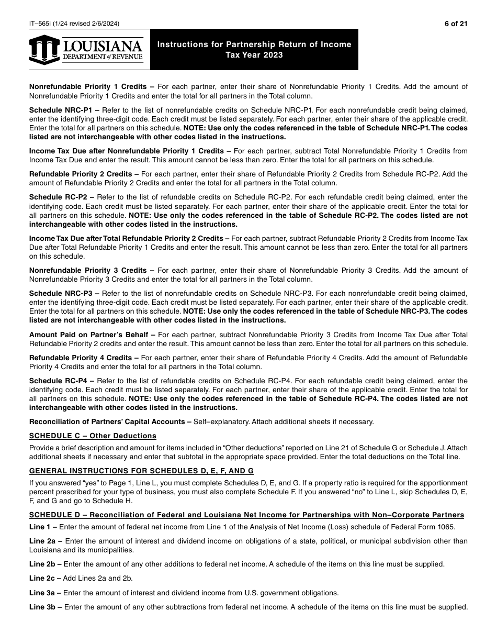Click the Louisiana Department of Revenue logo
click(x=86, y=50)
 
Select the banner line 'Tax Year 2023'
click(x=254, y=55)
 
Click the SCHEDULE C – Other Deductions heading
click(x=93, y=436)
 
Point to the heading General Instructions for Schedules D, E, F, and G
click(x=141, y=471)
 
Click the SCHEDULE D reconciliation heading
click(x=246, y=515)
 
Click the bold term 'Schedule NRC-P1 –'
click(x=64, y=110)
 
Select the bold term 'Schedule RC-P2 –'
click(x=61, y=197)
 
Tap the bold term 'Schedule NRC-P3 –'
click(x=64, y=294)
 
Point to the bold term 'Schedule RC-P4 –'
click(x=61, y=381)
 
